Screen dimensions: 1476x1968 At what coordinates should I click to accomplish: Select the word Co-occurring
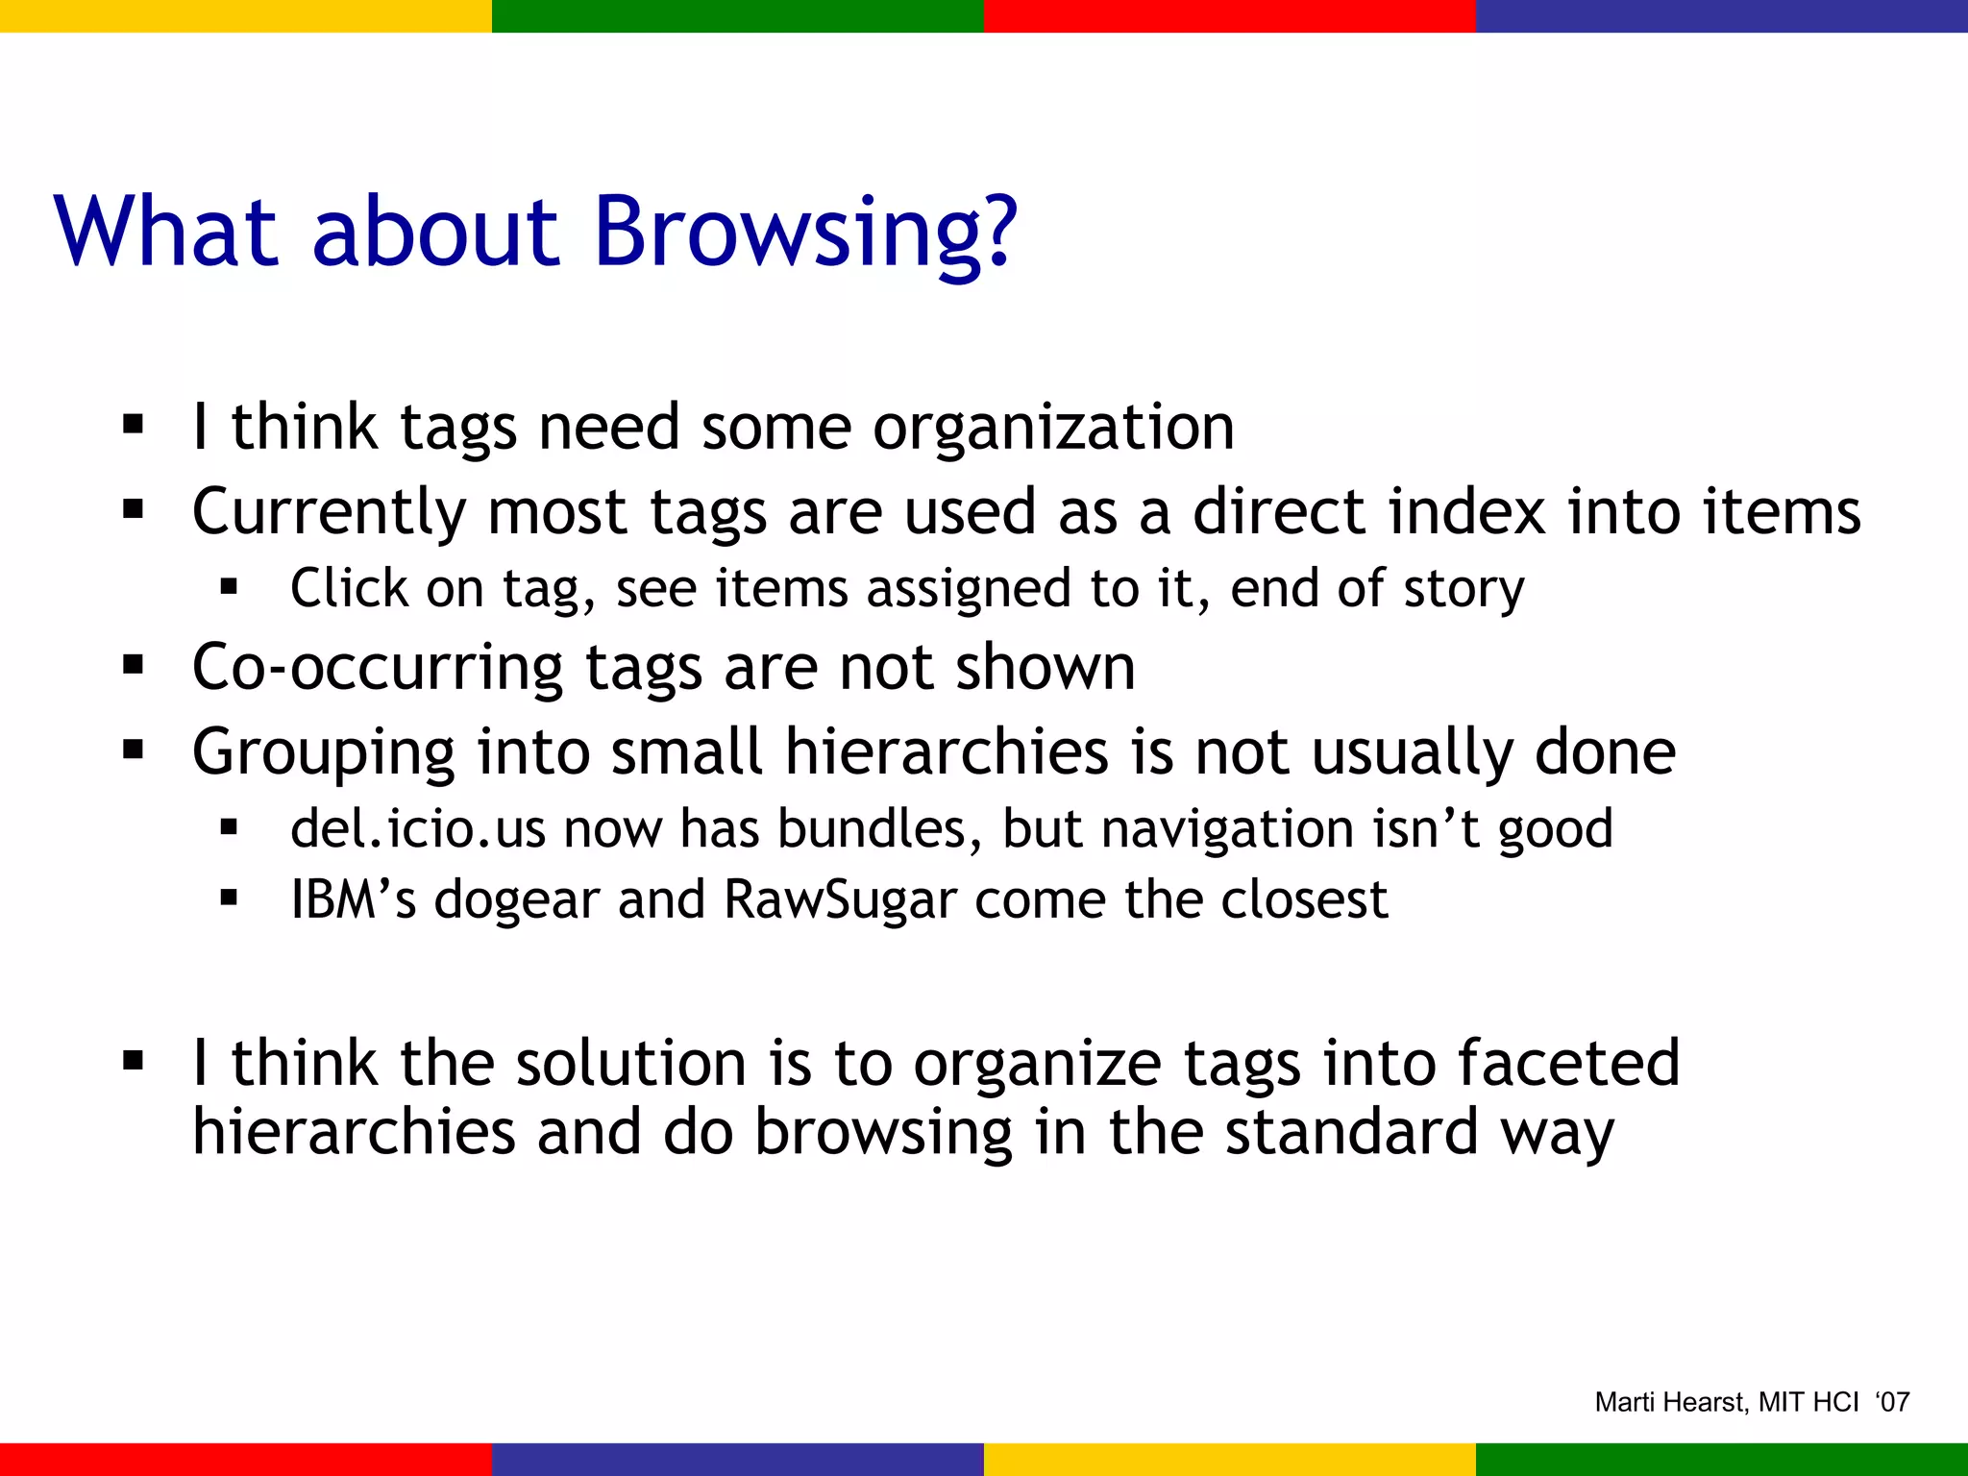[378, 667]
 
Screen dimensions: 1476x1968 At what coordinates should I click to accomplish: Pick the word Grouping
[323, 751]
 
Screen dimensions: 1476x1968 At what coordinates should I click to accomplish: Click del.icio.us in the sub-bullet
[417, 828]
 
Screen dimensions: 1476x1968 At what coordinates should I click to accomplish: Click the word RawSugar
[840, 900]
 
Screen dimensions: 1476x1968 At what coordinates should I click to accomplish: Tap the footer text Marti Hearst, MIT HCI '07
[1751, 1402]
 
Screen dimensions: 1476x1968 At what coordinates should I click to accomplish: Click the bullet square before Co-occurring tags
[134, 665]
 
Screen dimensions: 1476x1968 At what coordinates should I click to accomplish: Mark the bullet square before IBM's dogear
[229, 898]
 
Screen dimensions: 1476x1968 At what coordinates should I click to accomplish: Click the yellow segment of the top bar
[246, 15]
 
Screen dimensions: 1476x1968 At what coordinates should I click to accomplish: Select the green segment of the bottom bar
[1722, 1459]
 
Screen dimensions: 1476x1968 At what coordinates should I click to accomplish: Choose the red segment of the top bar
[1230, 15]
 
